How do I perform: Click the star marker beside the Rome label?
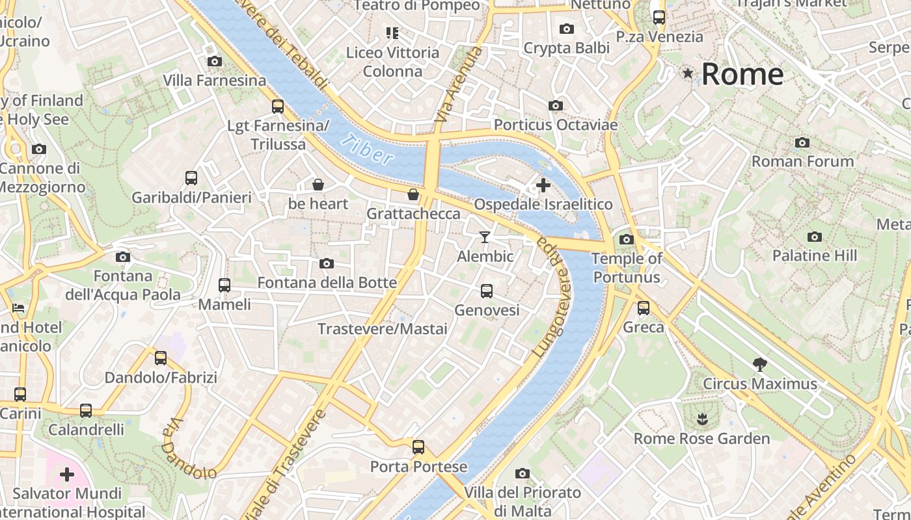(687, 73)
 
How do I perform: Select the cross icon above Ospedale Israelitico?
(543, 185)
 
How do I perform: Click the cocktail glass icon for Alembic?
(485, 237)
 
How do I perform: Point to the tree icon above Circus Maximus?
(759, 364)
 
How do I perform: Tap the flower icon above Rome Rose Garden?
(701, 419)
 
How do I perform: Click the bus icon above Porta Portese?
(418, 447)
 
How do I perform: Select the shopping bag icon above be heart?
(318, 185)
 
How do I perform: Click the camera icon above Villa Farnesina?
(214, 62)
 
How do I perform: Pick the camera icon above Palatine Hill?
(814, 237)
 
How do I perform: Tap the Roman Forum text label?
(802, 161)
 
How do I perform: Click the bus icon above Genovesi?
(487, 291)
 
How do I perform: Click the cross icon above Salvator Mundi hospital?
(67, 474)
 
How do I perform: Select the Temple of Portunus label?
(627, 268)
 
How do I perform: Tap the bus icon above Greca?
(644, 308)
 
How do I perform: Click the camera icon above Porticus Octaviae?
(555, 105)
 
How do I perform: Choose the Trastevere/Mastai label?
(383, 329)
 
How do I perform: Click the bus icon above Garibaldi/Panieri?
(191, 178)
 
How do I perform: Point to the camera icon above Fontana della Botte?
(327, 263)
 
